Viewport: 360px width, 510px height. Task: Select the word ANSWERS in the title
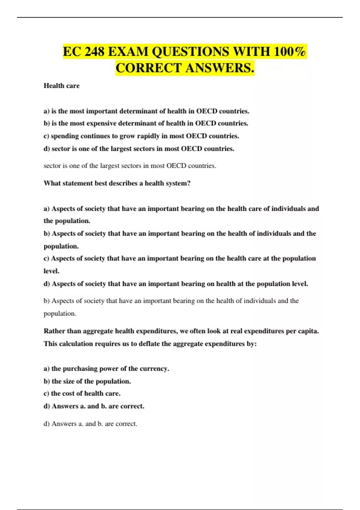tap(220, 68)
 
